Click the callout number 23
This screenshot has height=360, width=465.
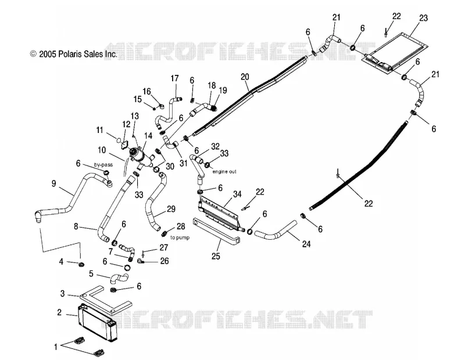pyautogui.click(x=424, y=18)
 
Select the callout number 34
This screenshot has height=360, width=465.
pyautogui.click(x=237, y=195)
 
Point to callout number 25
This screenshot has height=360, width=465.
pyautogui.click(x=216, y=255)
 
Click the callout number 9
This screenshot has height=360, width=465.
pyautogui.click(x=53, y=183)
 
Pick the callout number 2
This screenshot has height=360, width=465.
pyautogui.click(x=59, y=312)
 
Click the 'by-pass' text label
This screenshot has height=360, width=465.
pyautogui.click(x=103, y=165)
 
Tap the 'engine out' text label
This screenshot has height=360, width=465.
pyautogui.click(x=224, y=171)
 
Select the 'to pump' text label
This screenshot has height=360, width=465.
pyautogui.click(x=180, y=237)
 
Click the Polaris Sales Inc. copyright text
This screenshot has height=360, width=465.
pyautogui.click(x=74, y=54)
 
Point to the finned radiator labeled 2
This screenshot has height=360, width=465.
pyautogui.click(x=98, y=322)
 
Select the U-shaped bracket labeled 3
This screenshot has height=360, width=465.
pyautogui.click(x=105, y=300)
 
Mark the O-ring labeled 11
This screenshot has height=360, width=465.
pyautogui.click(x=118, y=139)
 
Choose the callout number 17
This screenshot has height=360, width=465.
pyautogui.click(x=175, y=78)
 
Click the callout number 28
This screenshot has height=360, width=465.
pyautogui.click(x=181, y=226)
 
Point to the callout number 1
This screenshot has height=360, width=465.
pyautogui.click(x=55, y=346)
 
